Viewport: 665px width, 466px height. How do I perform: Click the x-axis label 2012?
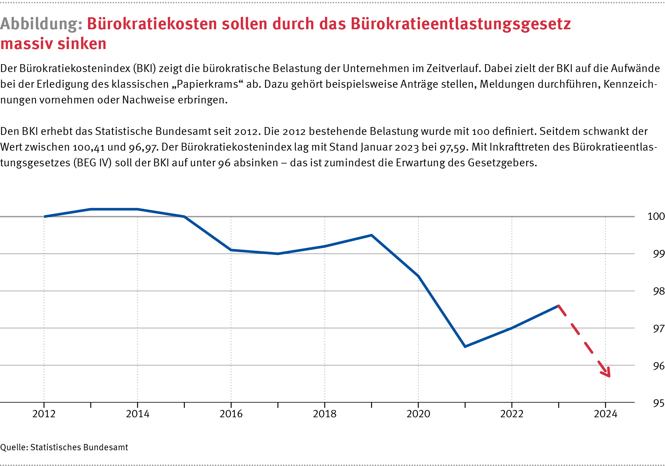[44, 414]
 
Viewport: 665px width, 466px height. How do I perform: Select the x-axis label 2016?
[231, 414]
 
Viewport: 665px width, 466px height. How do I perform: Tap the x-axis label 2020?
[418, 414]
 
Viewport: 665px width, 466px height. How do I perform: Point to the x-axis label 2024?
[605, 414]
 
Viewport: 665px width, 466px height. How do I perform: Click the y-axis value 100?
[656, 216]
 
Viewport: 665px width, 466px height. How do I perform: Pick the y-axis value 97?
[659, 329]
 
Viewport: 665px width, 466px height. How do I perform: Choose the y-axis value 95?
[659, 403]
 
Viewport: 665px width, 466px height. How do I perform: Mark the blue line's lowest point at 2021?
[465, 346]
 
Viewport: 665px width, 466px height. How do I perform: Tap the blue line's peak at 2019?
[371, 235]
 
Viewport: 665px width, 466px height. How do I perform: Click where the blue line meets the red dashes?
[558, 306]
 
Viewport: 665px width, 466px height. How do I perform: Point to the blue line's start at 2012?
[44, 216]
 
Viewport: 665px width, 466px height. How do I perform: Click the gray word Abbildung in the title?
[41, 24]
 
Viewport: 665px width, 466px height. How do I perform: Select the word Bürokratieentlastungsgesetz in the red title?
[461, 24]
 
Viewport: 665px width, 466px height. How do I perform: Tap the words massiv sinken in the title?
[53, 43]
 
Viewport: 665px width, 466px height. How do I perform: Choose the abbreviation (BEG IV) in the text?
[92, 163]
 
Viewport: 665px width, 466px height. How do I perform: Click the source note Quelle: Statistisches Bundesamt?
[64, 447]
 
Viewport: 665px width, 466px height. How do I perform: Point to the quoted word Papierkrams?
[207, 84]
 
